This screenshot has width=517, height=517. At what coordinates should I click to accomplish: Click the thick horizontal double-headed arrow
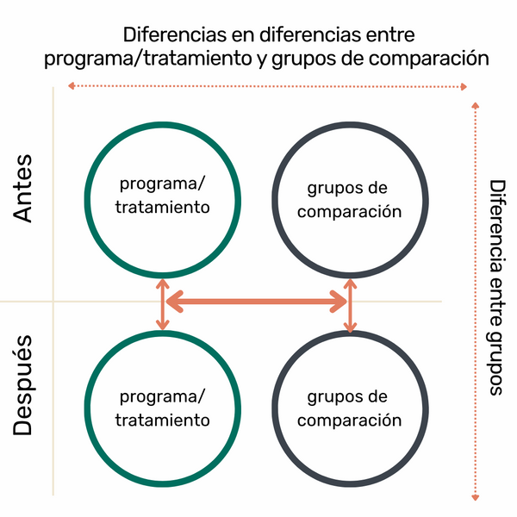click(256, 301)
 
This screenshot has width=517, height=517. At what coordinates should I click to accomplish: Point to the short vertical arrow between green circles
click(162, 303)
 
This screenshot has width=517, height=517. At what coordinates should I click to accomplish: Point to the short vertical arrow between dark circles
click(349, 306)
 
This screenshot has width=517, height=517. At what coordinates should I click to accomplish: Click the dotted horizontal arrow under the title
click(267, 86)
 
